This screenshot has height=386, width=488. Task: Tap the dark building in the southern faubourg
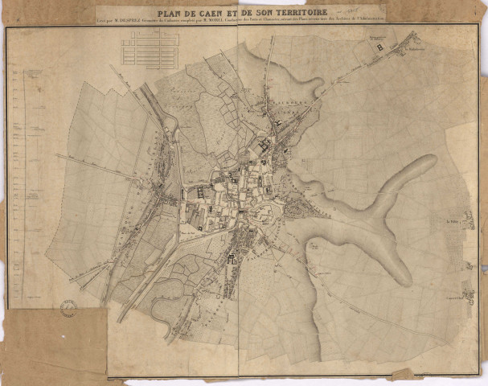[232, 257]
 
